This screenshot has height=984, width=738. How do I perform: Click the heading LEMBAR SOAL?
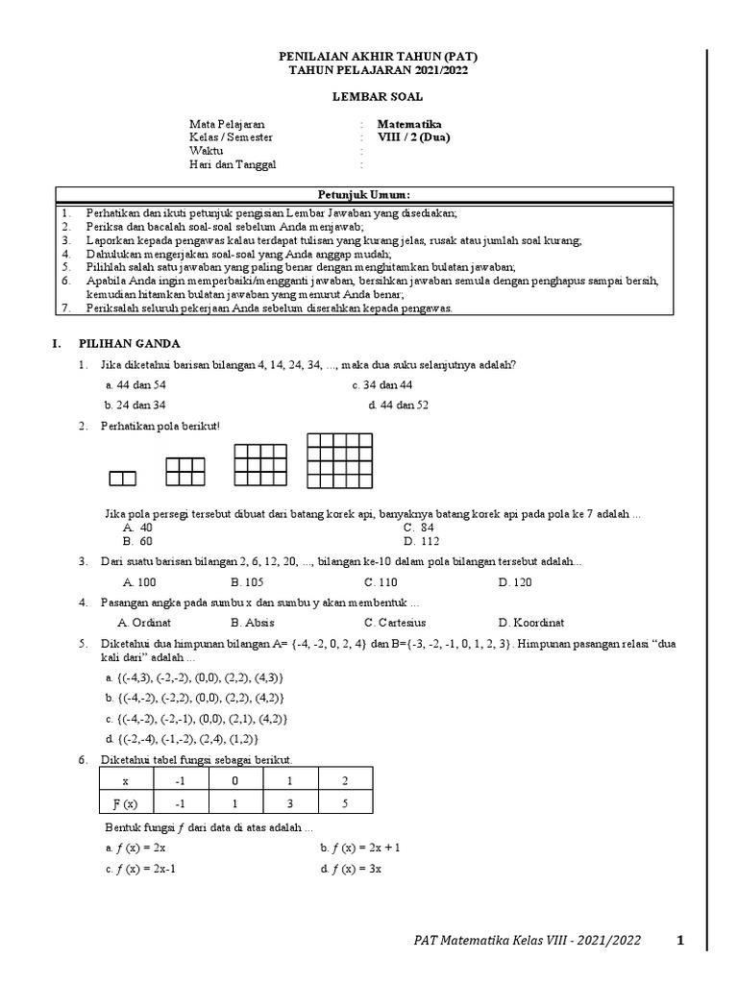tap(377, 97)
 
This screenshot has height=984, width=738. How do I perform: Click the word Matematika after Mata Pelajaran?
tap(409, 124)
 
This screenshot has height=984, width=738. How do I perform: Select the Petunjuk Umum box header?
tap(364, 194)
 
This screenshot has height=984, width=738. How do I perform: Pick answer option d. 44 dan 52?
tap(398, 406)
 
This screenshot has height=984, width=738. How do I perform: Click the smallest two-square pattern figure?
tap(122, 478)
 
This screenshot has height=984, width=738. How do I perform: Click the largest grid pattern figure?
tap(339, 460)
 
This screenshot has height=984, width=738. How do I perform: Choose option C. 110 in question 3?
tap(381, 582)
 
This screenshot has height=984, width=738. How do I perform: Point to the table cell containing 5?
tap(345, 803)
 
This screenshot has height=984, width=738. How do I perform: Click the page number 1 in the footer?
tap(679, 941)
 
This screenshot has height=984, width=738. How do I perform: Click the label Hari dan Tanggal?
tap(233, 164)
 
